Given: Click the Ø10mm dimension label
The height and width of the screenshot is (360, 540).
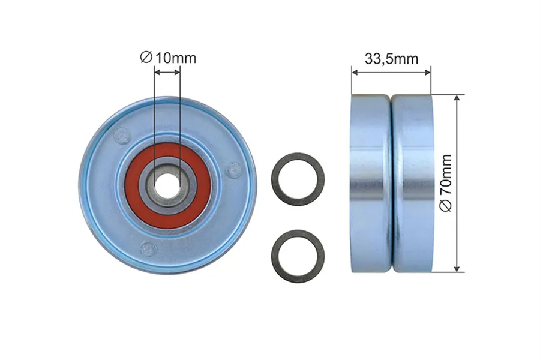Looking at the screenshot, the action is (x=168, y=58).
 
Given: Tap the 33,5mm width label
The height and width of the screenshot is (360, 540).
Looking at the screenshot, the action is (x=392, y=59).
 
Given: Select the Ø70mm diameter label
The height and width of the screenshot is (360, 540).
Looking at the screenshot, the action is (x=446, y=183).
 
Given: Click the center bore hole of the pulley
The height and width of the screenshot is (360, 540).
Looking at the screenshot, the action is (x=167, y=185).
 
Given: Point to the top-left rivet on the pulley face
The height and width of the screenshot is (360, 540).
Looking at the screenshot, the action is (x=122, y=134).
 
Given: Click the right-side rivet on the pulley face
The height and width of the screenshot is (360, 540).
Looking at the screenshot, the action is (x=233, y=169).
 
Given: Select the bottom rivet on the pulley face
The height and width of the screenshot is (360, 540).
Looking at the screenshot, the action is (x=148, y=248).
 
